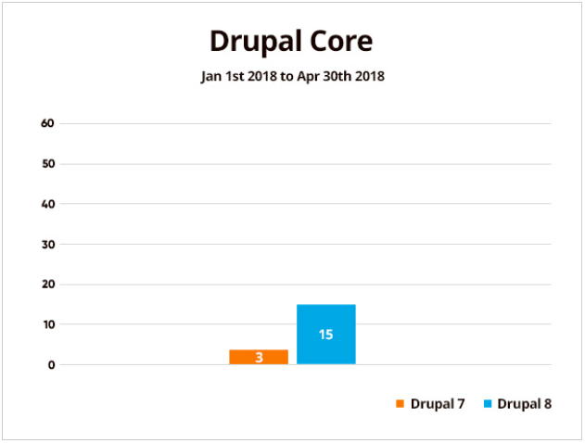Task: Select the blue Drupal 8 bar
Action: pos(325,334)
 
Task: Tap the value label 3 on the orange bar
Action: pos(259,357)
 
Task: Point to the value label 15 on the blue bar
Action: pos(325,335)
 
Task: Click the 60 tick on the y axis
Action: pos(48,123)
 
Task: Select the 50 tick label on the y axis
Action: pos(48,164)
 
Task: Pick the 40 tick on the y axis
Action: pos(48,204)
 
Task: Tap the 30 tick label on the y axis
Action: pos(48,244)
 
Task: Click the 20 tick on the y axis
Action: pos(48,285)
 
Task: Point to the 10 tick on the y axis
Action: pos(48,324)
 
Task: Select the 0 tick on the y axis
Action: pos(52,364)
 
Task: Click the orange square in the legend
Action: pos(400,404)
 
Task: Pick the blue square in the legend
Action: pos(487,404)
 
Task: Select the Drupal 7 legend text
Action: pos(438,404)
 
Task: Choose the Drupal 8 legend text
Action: pos(524,404)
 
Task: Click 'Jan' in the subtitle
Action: pos(211,77)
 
